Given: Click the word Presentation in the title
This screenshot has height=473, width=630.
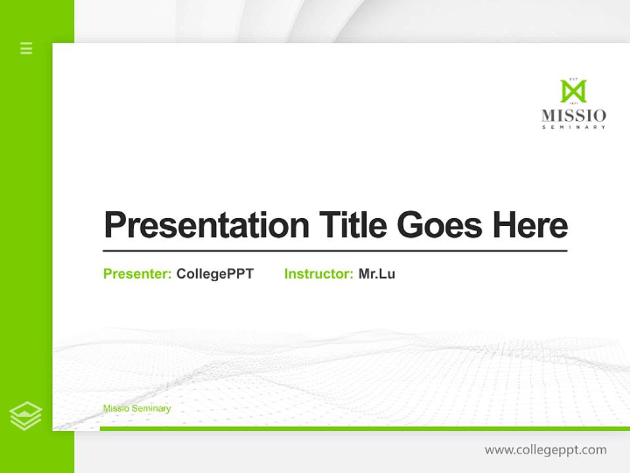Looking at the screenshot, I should tap(206, 225).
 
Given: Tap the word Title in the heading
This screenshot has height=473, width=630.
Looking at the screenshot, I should tap(353, 225).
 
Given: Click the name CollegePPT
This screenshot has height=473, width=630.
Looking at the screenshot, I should tap(215, 274).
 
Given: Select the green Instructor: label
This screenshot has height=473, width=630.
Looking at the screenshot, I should tap(319, 274).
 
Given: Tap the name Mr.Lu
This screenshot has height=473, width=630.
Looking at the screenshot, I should tap(377, 274).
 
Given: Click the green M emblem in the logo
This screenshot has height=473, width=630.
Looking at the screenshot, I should tap(573, 91).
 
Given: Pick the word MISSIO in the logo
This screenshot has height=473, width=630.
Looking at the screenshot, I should tap(574, 116).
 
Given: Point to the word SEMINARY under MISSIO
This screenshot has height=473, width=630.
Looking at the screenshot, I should tap(574, 127).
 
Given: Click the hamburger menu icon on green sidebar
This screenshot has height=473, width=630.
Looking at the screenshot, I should tap(26, 48).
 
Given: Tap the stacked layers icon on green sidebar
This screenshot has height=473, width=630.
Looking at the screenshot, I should tap(26, 416).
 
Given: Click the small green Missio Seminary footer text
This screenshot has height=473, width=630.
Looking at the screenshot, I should tap(136, 409).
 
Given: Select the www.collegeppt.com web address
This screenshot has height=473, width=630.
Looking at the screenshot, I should tap(545, 450).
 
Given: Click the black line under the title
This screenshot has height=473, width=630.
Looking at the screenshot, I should tap(335, 250).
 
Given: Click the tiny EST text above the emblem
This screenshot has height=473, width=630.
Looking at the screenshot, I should tap(573, 78).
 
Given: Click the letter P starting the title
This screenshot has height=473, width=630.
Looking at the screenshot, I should tap(115, 225).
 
